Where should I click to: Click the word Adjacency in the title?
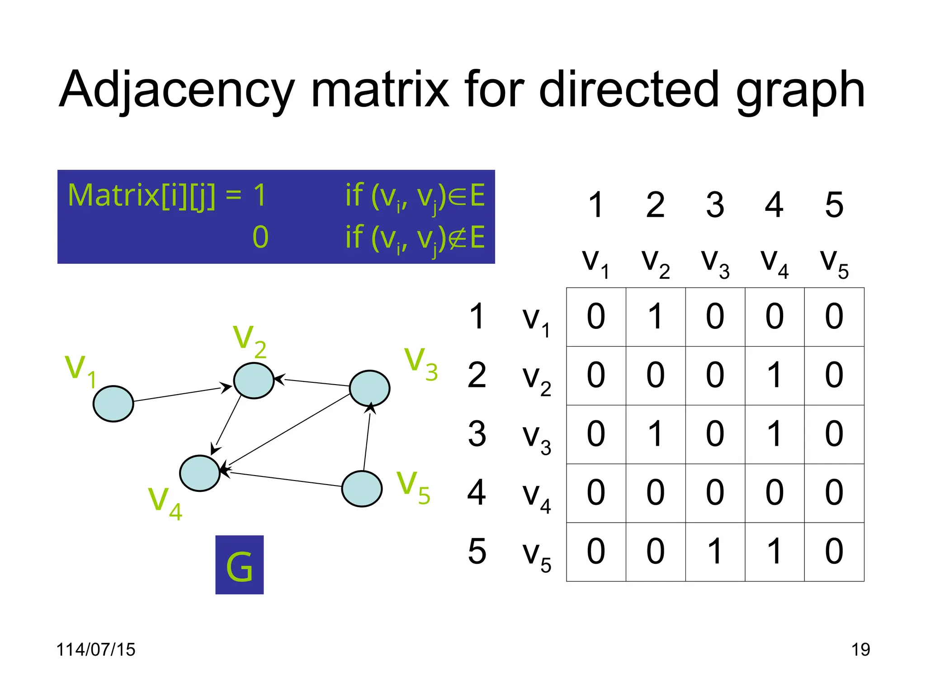176,90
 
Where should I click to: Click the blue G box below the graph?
239,565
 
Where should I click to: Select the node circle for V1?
113,404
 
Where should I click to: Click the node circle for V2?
254,381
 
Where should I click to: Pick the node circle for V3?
370,388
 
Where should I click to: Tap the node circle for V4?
199,473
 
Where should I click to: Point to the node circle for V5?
362,489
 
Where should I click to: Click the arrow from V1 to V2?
181,394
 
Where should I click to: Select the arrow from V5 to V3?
367,439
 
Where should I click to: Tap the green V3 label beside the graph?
420,365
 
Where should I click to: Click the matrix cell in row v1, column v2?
656,317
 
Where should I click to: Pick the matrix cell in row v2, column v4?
775,376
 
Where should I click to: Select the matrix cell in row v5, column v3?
715,552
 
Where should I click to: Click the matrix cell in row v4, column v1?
596,493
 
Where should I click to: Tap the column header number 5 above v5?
834,205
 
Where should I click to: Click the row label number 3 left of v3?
477,433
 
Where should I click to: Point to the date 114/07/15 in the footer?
95,650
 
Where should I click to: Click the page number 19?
860,650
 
